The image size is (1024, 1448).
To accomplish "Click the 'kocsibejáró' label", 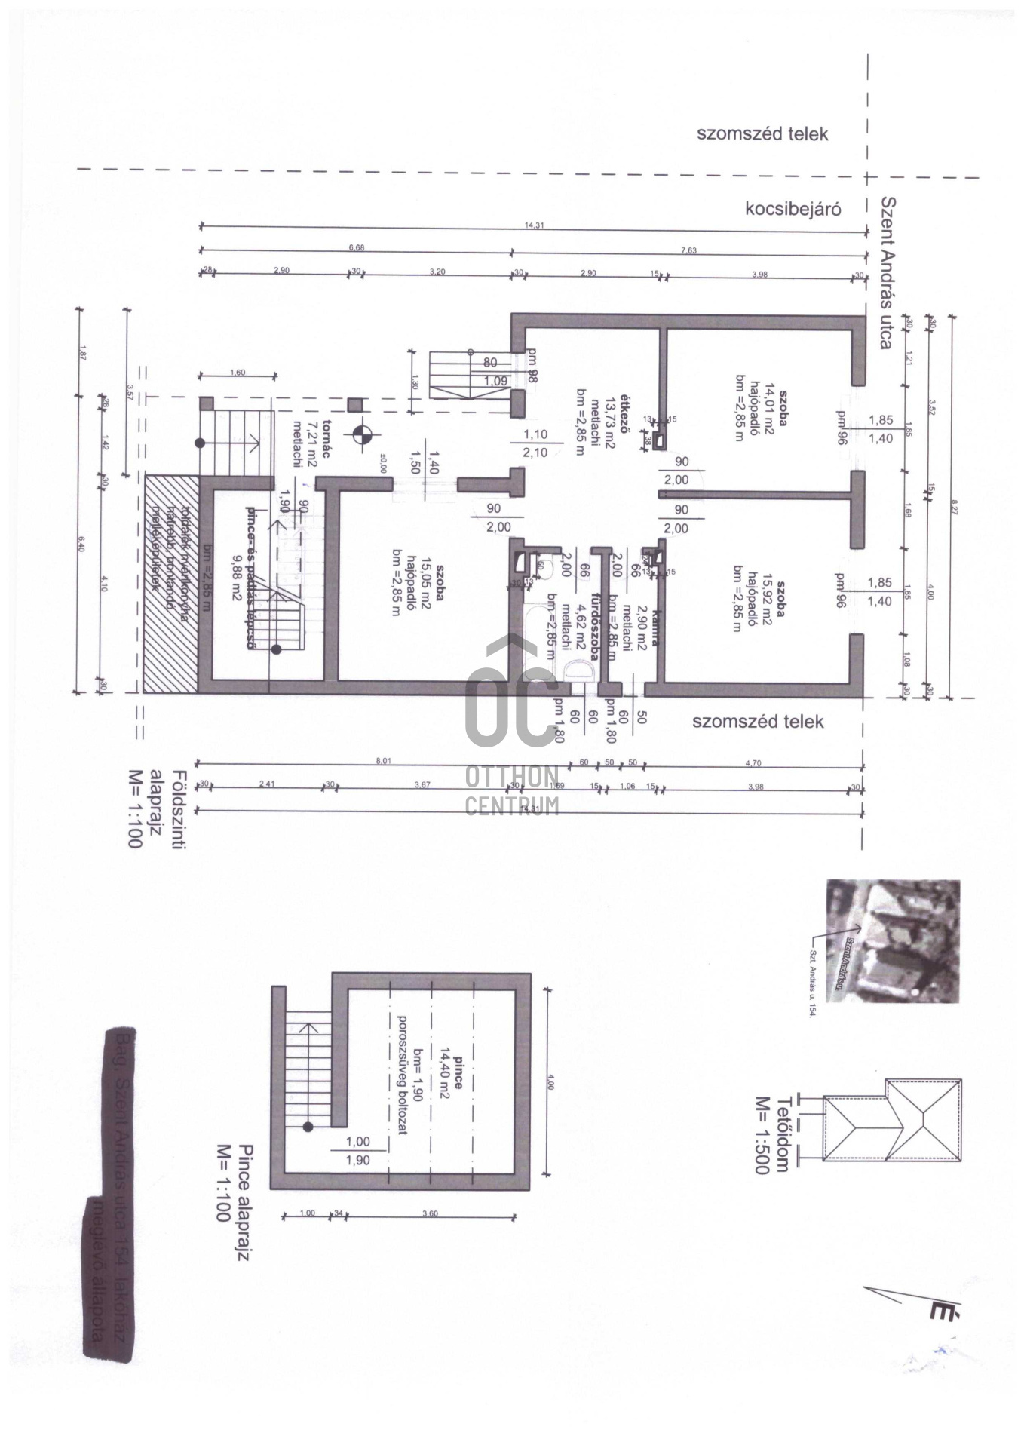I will coord(793,209).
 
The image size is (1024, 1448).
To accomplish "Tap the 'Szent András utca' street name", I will coord(887,273).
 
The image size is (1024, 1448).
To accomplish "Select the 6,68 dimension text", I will coord(357,247).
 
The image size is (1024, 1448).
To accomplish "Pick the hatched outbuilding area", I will coord(170,583).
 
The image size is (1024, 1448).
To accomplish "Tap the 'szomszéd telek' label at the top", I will coord(762,134).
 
